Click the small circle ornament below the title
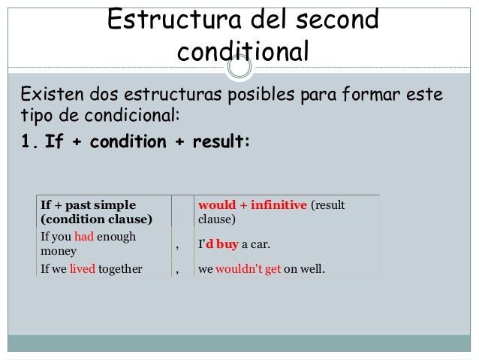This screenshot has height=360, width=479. click(x=239, y=69)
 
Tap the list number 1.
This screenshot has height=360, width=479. click(x=29, y=142)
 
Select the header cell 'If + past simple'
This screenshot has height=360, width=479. click(x=88, y=204)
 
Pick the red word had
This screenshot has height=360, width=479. click(x=83, y=237)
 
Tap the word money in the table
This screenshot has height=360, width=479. click(x=57, y=251)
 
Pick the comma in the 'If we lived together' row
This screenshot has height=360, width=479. click(x=178, y=267)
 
